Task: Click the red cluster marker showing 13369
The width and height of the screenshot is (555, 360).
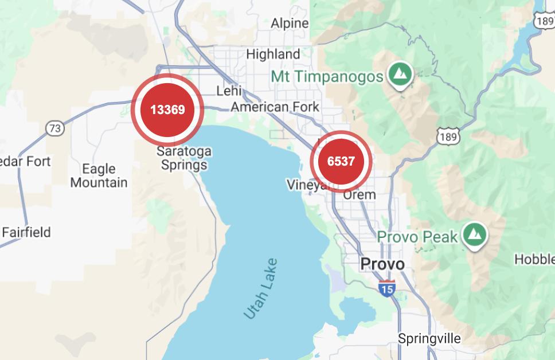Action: pos(167,109)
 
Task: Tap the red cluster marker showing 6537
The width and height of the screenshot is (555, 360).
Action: pos(341,162)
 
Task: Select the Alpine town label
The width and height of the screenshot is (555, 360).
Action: pos(290,24)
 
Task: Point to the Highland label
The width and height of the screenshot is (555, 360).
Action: pos(273,54)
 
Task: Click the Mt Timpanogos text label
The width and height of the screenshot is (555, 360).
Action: pos(327,76)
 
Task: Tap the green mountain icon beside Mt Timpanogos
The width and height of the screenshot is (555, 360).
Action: pos(400,74)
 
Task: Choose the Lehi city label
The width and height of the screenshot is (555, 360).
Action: pos(229,91)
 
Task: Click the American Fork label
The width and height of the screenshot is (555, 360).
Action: pos(275,107)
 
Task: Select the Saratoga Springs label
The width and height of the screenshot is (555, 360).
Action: pos(184,158)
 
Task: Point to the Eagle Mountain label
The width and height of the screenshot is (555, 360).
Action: pos(99,175)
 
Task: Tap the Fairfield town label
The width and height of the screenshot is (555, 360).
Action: pos(26,232)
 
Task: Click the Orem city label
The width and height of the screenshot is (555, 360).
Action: pos(359,194)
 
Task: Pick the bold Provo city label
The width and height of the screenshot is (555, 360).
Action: pos(382,264)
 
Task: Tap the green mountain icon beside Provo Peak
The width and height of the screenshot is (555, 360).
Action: pos(474,234)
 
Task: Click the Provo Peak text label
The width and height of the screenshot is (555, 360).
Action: pos(417,237)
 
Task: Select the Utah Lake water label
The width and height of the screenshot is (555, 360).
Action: pos(261,288)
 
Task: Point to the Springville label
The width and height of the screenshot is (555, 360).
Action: pos(429,338)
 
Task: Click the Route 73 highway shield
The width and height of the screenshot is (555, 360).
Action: pos(55,128)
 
